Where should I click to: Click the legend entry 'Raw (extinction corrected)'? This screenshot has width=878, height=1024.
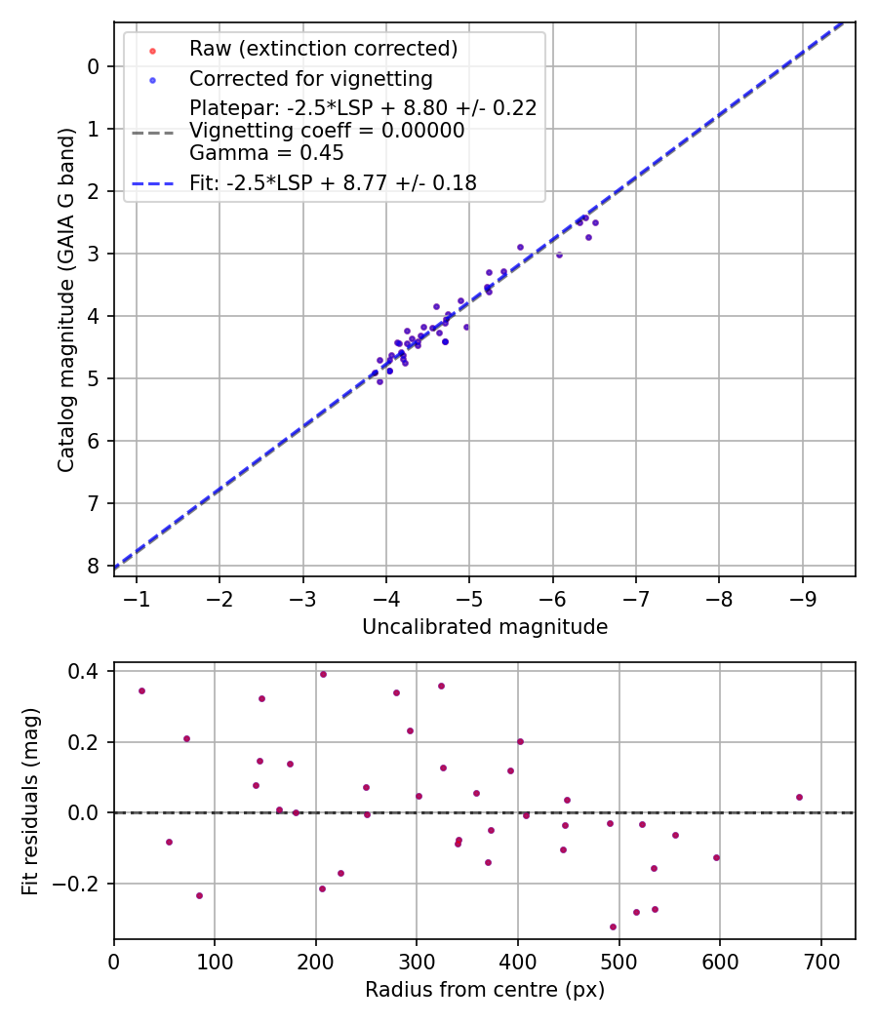point(323,48)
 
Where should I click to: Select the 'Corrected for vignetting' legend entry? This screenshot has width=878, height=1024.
point(310,78)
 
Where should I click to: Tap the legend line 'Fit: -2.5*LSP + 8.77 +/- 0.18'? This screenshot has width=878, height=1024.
point(333,182)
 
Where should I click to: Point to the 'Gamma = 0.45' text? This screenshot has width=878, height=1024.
point(266,153)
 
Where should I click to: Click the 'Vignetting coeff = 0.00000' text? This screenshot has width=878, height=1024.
point(327,131)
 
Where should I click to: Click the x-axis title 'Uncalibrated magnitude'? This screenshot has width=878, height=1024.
point(485,627)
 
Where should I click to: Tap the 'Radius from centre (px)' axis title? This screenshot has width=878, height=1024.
point(485,990)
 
